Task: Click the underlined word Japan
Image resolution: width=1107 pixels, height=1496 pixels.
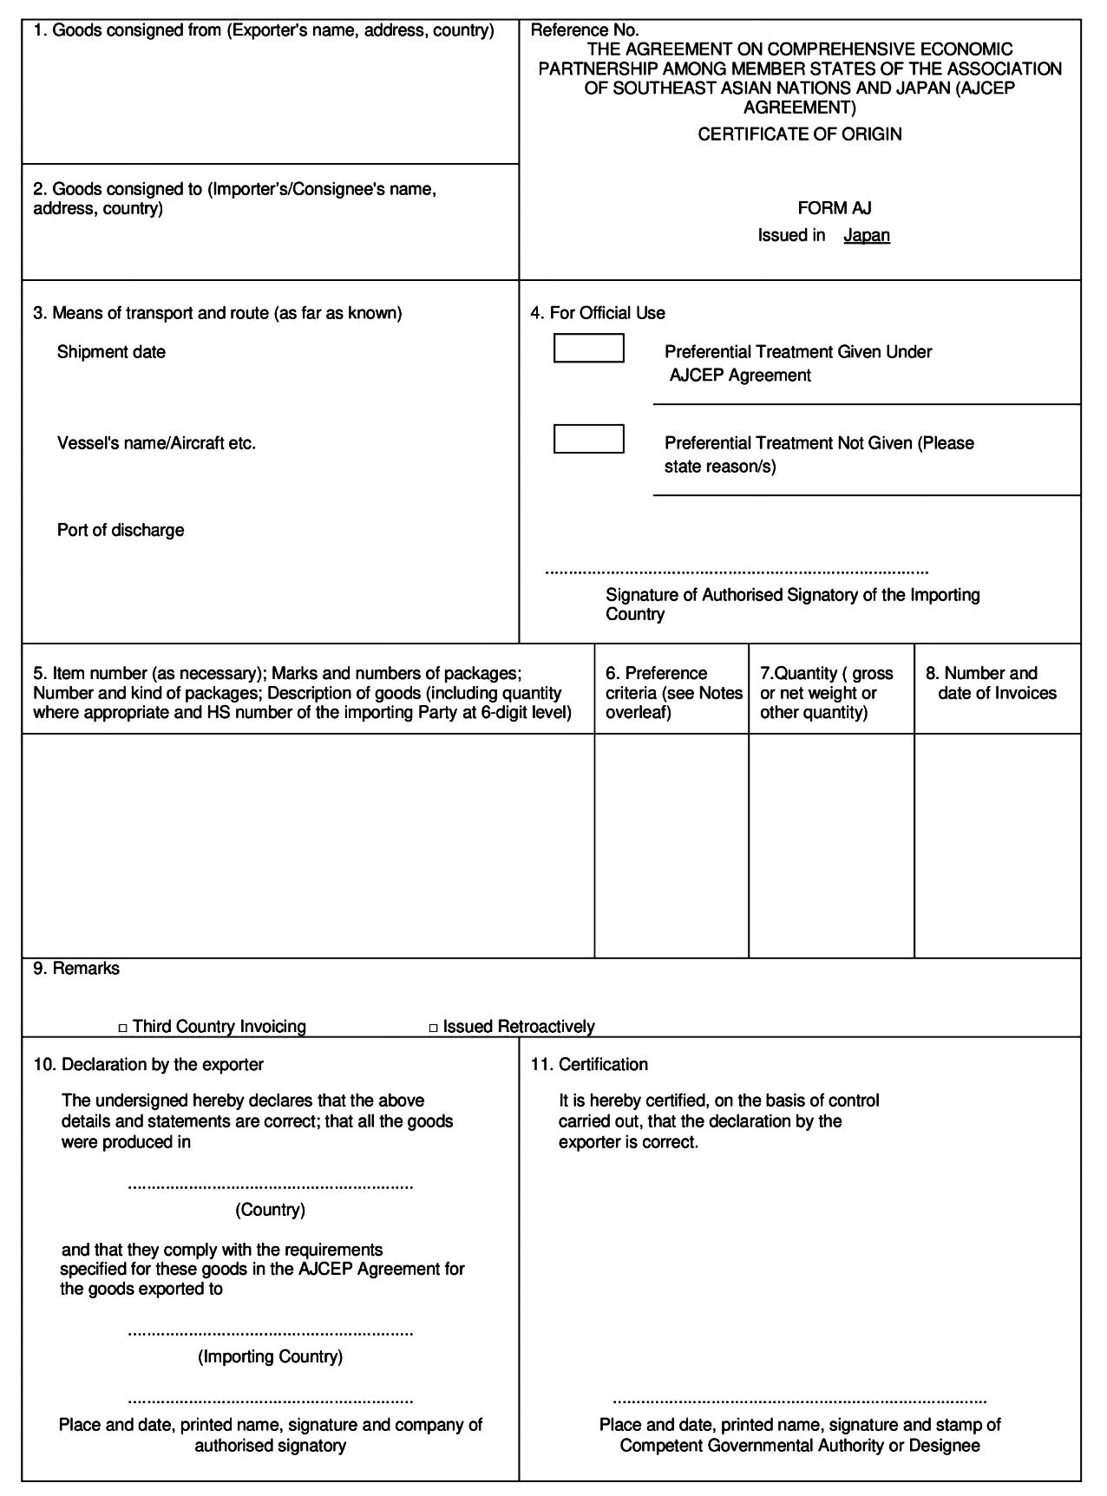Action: [x=866, y=235]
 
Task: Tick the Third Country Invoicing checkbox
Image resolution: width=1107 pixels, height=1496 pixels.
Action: [x=123, y=1028]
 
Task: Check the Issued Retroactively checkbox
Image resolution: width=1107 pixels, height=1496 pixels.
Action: [x=434, y=1028]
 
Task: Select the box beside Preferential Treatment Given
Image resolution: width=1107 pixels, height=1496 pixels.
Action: [x=588, y=348]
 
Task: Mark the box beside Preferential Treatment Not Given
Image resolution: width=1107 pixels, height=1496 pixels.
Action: [x=588, y=439]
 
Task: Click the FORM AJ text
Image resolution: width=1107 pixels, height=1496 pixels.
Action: [x=834, y=208]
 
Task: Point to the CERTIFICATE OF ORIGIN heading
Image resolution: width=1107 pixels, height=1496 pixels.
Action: [x=799, y=134]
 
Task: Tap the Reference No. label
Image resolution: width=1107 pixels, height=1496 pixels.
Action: [x=584, y=30]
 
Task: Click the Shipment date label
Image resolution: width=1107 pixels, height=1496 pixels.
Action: [x=111, y=352]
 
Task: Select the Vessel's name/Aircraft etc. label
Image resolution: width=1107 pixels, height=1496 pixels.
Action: [x=156, y=443]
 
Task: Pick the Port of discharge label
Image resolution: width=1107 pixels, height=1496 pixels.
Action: [x=121, y=530]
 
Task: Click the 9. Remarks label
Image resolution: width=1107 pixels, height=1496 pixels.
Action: [x=76, y=969]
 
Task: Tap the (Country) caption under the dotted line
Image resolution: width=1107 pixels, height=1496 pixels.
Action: [x=270, y=1209]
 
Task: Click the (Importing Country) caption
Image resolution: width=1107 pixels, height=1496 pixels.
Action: [x=270, y=1356]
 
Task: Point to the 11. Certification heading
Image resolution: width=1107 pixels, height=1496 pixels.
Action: [x=589, y=1064]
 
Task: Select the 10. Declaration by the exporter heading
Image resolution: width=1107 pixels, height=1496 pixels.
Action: [x=148, y=1064]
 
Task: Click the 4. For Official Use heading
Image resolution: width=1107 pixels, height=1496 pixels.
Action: [x=598, y=313]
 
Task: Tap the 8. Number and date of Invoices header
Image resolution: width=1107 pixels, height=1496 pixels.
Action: [x=996, y=683]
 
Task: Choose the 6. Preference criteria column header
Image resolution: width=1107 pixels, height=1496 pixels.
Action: [x=673, y=693]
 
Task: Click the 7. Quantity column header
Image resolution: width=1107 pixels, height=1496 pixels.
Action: [x=826, y=693]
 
